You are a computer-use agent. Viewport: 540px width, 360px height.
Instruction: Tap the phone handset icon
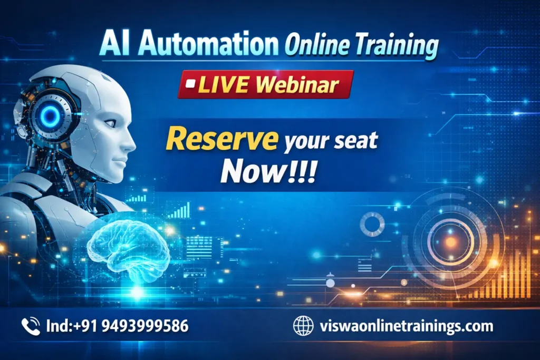point(31,326)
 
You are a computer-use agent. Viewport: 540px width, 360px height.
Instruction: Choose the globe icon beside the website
point(303,326)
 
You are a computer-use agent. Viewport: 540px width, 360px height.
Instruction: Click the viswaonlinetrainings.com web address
point(406,326)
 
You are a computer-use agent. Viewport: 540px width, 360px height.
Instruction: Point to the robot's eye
point(110,123)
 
